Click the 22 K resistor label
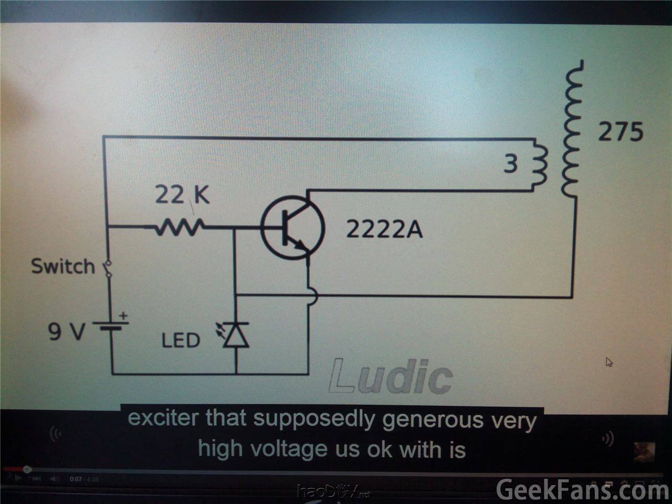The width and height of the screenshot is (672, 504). pos(182,196)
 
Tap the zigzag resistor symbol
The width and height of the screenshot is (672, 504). pos(180,228)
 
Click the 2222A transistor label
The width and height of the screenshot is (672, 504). pos(384,229)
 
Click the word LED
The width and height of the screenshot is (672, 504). pos(180,341)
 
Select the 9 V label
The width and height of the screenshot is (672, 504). pos(66,332)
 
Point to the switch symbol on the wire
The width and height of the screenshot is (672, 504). pos(108,269)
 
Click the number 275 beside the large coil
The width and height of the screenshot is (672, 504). pos(621,132)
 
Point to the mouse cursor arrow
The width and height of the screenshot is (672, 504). pos(609,362)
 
